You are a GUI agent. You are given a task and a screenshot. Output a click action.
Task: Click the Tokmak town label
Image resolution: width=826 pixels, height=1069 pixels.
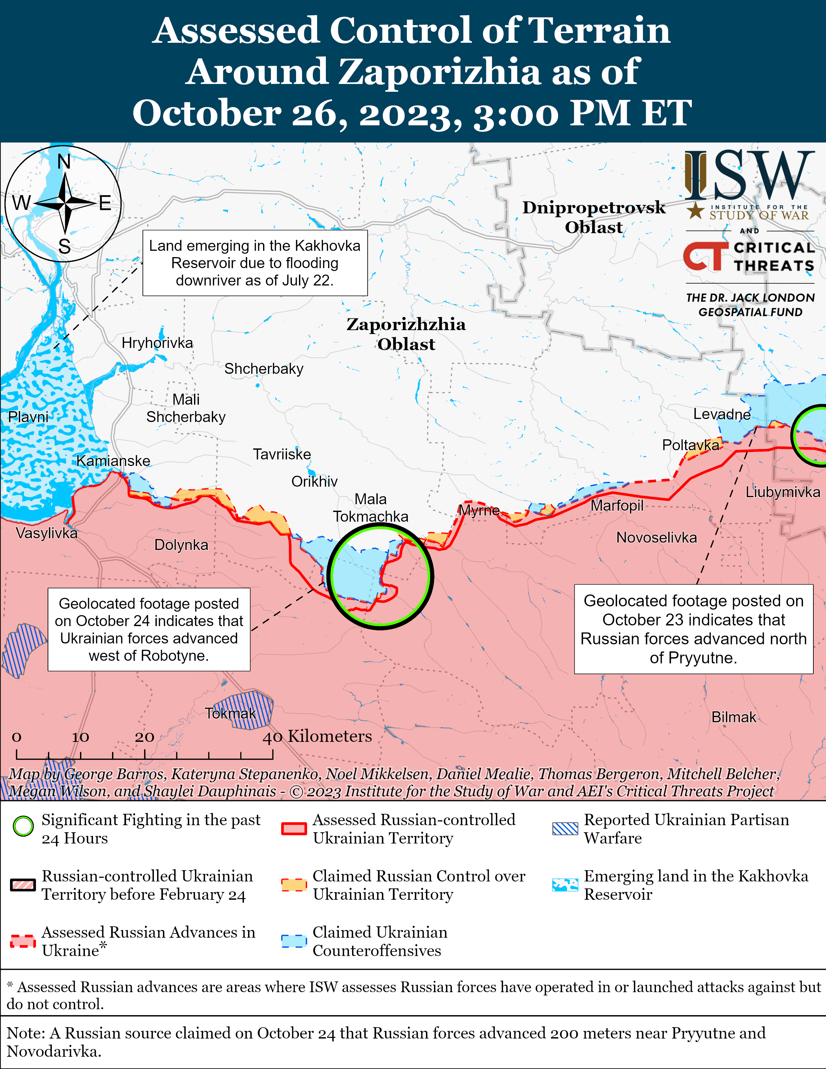(x=230, y=713)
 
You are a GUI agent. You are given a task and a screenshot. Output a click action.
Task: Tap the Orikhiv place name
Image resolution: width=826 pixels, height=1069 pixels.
(x=315, y=481)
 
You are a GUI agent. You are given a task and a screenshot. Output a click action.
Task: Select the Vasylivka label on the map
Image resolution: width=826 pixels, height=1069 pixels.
(x=46, y=533)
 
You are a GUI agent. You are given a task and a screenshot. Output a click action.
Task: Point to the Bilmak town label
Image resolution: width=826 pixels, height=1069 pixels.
(x=734, y=717)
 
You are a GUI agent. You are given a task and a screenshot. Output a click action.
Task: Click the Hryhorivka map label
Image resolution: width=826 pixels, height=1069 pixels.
(x=157, y=343)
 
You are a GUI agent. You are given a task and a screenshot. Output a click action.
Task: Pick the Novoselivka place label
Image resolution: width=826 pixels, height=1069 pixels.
(x=656, y=538)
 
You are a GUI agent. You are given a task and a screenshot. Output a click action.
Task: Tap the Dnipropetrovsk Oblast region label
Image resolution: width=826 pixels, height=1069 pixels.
(x=594, y=217)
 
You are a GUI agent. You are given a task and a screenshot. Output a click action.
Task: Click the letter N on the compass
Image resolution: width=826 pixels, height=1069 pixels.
(x=64, y=161)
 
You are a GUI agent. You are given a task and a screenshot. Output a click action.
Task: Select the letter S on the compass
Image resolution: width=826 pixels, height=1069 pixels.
(x=64, y=246)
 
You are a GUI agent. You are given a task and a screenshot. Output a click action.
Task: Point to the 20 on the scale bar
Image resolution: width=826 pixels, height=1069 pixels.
(x=145, y=737)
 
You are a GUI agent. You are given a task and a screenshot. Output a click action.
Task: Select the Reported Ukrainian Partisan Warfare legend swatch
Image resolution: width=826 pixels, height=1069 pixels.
(x=565, y=828)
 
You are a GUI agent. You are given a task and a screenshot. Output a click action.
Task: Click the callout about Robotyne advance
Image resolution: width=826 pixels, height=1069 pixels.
(x=149, y=629)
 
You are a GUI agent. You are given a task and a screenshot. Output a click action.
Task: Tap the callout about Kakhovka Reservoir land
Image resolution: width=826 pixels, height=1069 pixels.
(x=255, y=263)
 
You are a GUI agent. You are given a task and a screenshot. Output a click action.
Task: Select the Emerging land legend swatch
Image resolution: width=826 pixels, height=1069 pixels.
(x=565, y=885)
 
